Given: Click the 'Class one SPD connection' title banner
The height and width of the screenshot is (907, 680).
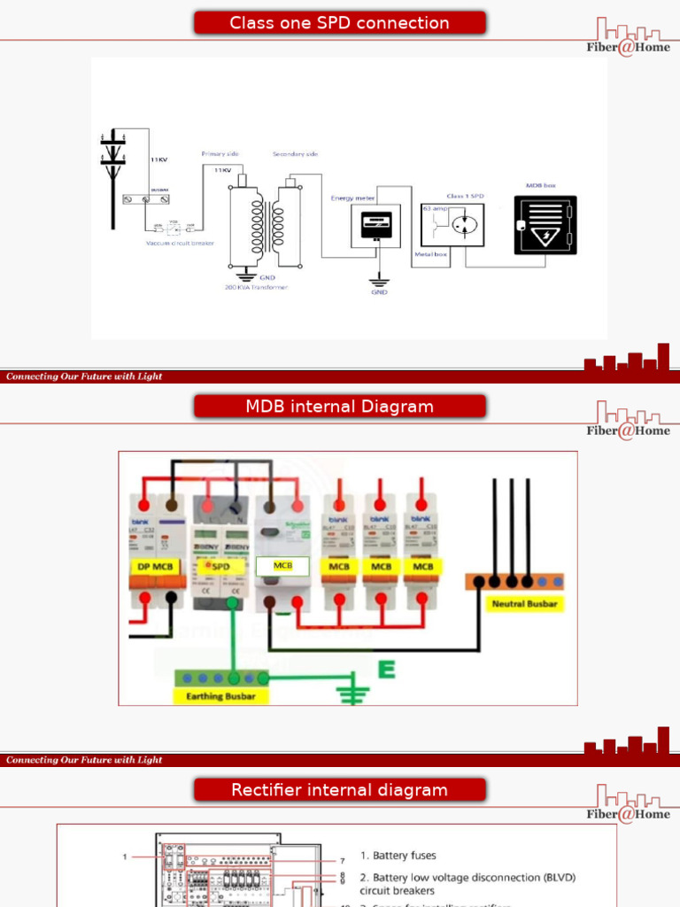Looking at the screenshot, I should click(x=339, y=23).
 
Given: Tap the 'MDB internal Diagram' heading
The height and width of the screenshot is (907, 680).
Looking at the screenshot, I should click(x=339, y=407).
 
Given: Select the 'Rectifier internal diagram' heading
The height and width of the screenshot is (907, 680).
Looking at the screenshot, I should click(x=339, y=790).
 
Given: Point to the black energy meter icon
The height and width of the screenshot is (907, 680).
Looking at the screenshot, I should click(x=377, y=225).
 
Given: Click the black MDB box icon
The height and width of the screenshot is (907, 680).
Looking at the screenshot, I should click(x=545, y=225).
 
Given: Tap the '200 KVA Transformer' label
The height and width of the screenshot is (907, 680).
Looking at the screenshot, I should click(x=256, y=287).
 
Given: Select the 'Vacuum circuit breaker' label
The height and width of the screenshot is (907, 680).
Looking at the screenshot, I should click(x=181, y=243).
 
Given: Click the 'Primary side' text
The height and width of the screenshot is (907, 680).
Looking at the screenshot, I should click(x=220, y=154).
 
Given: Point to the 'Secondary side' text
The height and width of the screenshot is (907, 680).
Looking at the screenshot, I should click(x=295, y=154).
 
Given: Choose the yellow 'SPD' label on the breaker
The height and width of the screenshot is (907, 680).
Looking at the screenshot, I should click(x=220, y=566).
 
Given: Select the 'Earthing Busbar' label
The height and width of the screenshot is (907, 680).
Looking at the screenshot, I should click(x=221, y=696).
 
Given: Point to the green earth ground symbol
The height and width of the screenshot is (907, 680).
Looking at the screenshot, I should click(x=355, y=691).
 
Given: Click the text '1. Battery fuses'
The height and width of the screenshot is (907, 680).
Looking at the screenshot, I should click(x=398, y=856).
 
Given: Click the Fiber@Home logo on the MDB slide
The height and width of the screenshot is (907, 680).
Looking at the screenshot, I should click(x=629, y=420).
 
